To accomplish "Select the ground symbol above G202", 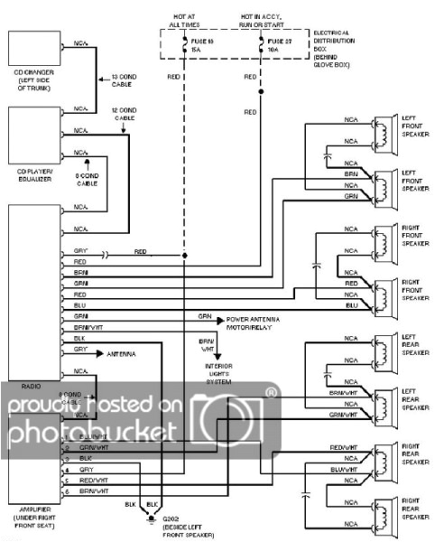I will (149, 518).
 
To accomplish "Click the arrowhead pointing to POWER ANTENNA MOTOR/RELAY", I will (219, 320).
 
